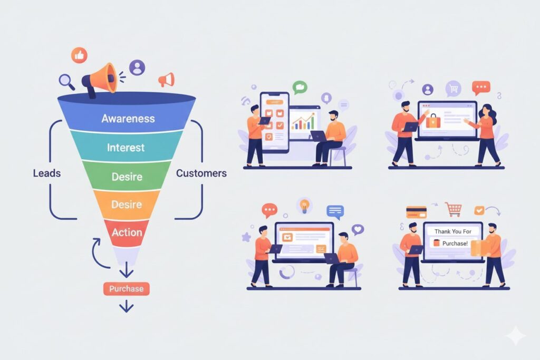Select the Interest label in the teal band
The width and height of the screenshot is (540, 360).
click(x=126, y=147)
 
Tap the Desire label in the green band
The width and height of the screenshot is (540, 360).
click(x=126, y=177)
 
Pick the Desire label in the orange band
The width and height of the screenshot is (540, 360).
click(x=126, y=203)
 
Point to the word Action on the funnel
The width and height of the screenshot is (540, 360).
click(x=127, y=232)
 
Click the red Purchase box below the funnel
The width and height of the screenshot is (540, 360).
click(x=126, y=289)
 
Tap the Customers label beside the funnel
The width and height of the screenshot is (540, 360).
click(x=201, y=173)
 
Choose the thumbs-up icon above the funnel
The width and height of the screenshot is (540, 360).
click(x=80, y=55)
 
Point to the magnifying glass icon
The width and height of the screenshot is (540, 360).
click(x=66, y=81)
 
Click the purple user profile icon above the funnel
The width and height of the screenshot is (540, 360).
click(x=137, y=67)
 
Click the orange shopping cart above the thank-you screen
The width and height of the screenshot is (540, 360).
click(x=452, y=209)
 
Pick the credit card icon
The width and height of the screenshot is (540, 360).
click(x=416, y=212)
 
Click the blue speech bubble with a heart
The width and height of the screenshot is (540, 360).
click(x=358, y=229)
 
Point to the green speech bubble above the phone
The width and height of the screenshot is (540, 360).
click(x=300, y=87)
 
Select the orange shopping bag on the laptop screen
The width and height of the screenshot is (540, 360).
click(x=432, y=121)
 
